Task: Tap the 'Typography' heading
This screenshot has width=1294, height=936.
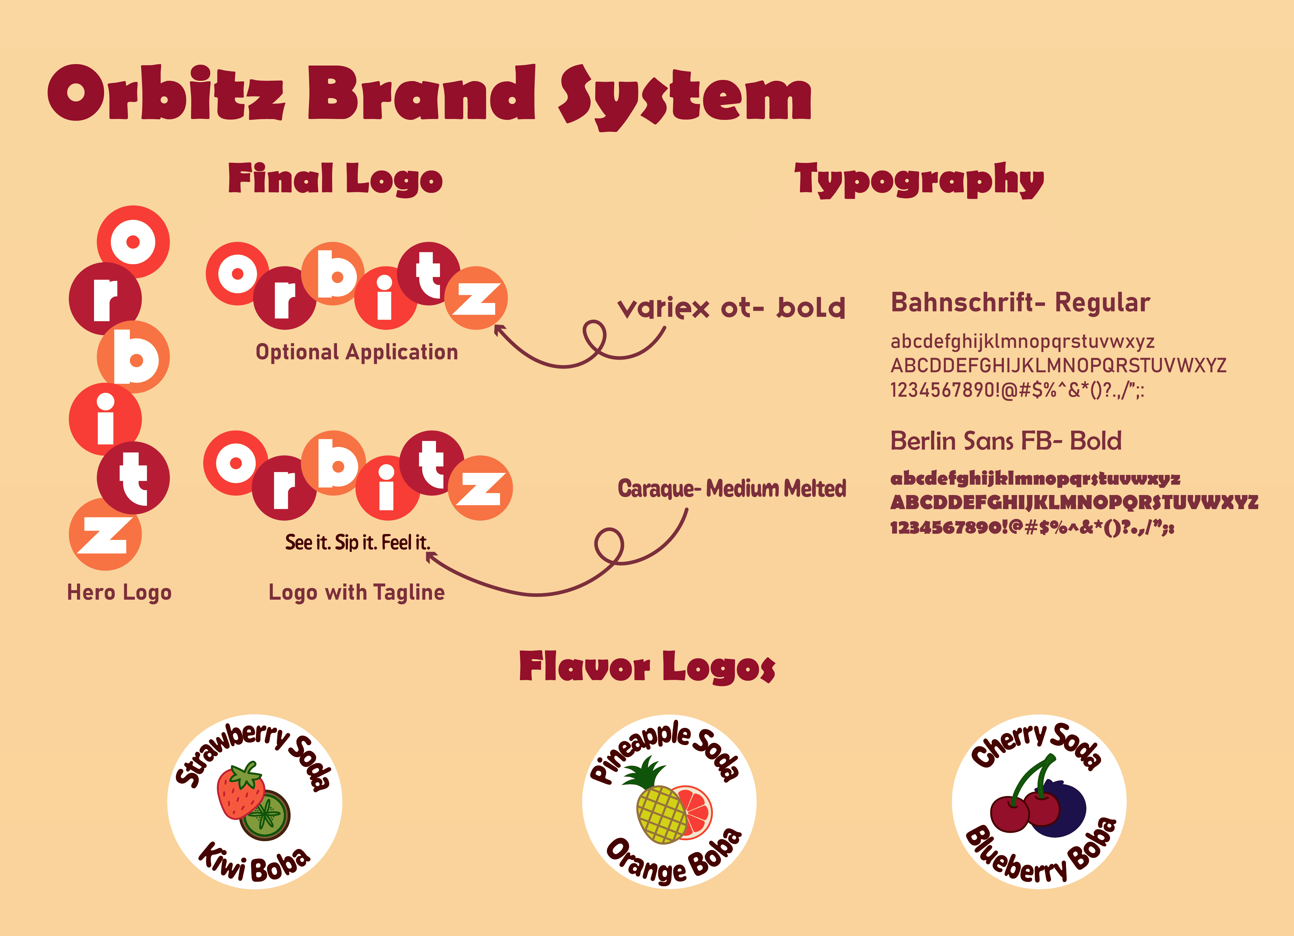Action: pos(919,179)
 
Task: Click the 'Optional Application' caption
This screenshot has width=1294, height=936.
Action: pos(357,352)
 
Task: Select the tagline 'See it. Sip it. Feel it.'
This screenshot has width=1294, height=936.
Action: pos(358,542)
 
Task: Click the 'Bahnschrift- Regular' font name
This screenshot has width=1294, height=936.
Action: pos(1020,302)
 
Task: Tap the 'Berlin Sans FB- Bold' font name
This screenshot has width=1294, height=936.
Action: pos(1006,441)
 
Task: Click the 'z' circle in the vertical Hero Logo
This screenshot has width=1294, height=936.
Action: pos(105,534)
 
